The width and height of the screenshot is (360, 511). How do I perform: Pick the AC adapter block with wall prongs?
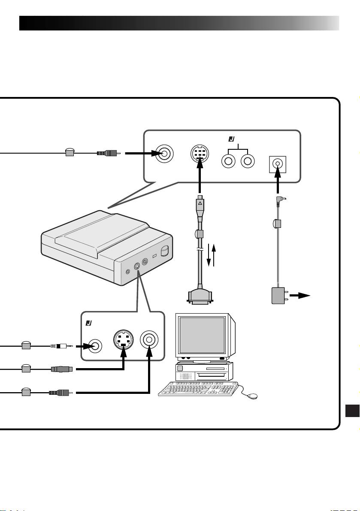pyautogui.click(x=280, y=296)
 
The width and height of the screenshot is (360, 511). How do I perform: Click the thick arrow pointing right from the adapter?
pyautogui.click(x=300, y=296)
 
